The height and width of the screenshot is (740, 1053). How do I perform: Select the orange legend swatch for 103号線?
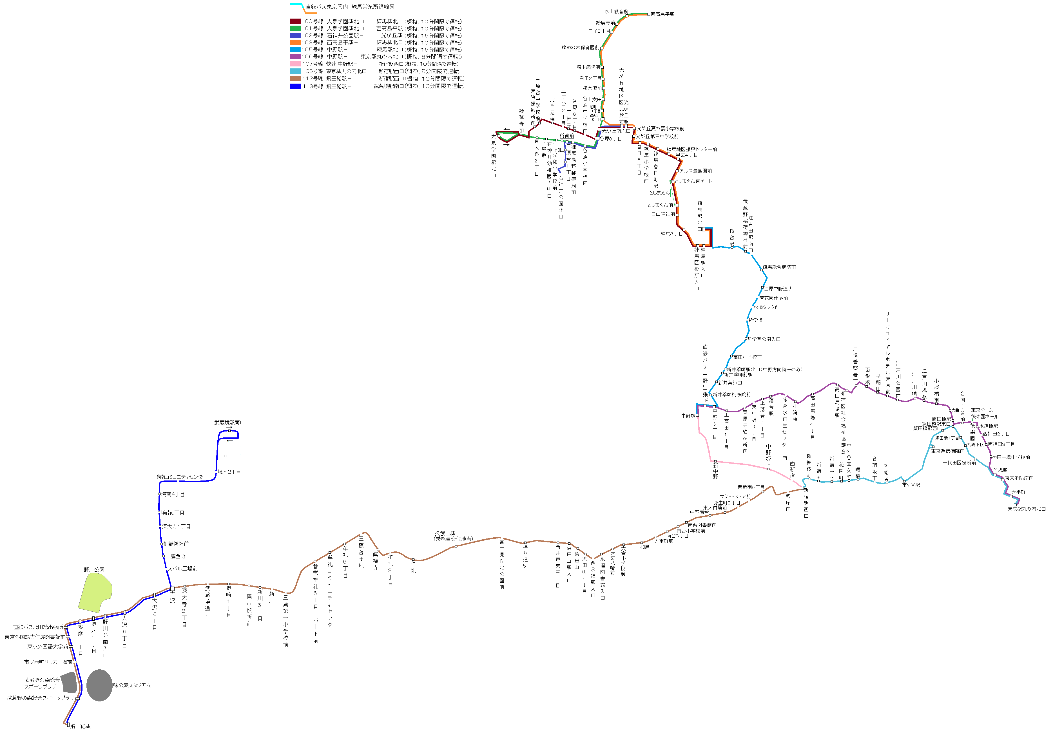(295, 43)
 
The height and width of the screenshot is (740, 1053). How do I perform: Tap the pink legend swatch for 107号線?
(295, 64)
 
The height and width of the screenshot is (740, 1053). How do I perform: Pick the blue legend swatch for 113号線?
(295, 86)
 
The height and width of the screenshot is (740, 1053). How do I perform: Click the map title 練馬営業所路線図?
(372, 7)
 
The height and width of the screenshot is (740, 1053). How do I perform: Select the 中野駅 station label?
(688, 416)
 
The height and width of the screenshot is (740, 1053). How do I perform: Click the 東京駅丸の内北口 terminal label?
(1027, 509)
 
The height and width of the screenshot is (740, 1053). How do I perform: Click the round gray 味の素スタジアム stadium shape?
(99, 685)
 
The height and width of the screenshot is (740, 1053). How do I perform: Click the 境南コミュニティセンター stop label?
(181, 477)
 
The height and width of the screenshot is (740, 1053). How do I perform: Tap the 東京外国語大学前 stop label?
(47, 647)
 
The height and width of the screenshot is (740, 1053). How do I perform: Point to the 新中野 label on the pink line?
(715, 471)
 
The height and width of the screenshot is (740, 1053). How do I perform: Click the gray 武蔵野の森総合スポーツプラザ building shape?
(69, 683)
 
